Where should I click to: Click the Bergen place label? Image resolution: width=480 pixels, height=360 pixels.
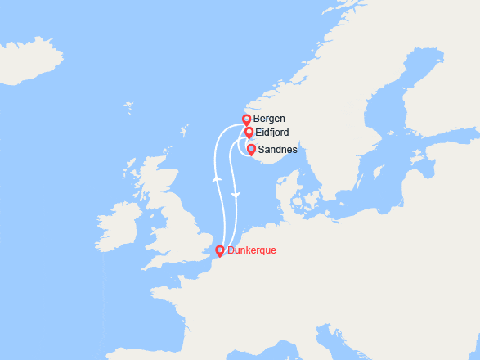(270, 119)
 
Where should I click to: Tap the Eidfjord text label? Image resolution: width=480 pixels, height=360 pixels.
(271, 133)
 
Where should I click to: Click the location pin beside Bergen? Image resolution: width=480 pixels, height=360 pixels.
(247, 120)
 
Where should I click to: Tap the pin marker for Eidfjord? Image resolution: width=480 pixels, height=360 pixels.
(249, 133)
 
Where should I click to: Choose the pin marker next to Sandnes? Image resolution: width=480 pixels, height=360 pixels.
(251, 150)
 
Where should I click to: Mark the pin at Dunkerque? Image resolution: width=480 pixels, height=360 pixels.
(219, 251)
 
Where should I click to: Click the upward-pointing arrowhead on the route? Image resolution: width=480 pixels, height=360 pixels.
(217, 177)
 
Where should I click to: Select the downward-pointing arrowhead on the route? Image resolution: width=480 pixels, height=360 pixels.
(236, 195)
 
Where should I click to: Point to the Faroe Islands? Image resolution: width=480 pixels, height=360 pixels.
(128, 106)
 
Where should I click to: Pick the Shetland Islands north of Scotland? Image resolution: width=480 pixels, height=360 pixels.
(186, 131)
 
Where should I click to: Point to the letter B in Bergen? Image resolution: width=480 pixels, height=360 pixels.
(258, 119)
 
